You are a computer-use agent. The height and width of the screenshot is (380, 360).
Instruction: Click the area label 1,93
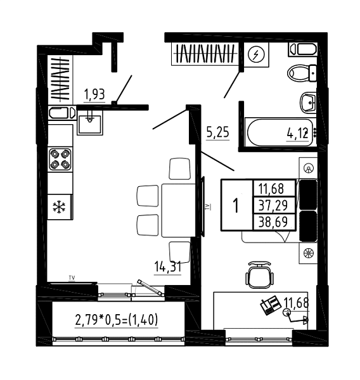pos(94,94)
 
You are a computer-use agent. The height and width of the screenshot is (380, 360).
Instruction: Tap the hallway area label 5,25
pos(218,132)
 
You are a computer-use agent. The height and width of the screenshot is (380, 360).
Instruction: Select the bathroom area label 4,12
pos(298,133)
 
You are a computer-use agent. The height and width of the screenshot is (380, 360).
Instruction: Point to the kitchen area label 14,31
pos(168,267)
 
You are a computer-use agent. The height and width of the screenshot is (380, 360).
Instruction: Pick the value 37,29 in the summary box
pos(273,205)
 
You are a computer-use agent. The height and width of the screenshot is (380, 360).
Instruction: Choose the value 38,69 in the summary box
pos(273,222)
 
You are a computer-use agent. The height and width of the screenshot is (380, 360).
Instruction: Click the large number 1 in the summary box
pos(236,205)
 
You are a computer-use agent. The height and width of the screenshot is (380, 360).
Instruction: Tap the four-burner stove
pos(60,159)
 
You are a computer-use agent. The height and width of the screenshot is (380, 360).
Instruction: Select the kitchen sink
pos(90,122)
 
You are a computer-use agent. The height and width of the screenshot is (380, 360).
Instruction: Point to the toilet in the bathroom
pos(302,73)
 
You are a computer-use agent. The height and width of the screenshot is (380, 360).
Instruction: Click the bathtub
pos(280,132)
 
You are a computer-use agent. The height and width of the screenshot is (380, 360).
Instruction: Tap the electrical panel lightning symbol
pos(256,54)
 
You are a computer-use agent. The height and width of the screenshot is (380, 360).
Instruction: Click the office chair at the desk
pos(260,275)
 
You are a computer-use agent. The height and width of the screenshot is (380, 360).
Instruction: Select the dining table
pos(179,210)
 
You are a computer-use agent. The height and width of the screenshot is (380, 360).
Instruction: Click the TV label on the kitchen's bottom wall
pos(72,278)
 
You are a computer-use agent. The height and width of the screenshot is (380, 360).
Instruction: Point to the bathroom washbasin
pos(308,103)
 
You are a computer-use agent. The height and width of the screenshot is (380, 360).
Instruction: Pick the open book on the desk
pos(270,305)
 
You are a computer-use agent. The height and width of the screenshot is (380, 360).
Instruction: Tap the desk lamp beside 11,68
pos(295,316)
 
